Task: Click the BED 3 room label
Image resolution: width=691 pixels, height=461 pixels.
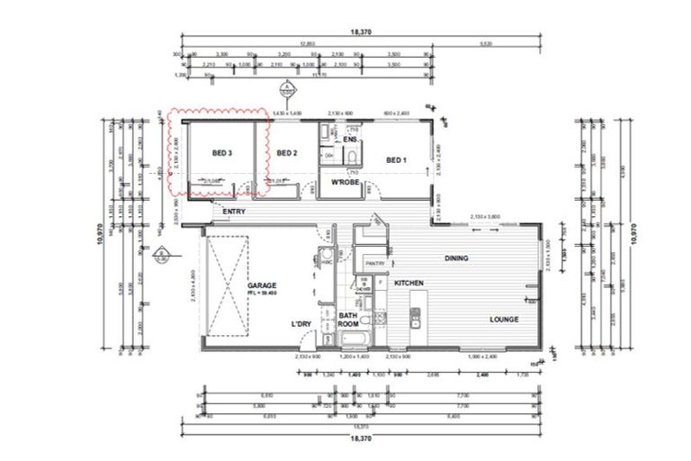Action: point(221,154)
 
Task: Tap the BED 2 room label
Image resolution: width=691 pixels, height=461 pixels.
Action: point(286,154)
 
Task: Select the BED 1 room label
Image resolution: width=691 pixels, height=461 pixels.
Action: point(396,160)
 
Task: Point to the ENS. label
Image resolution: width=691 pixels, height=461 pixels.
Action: point(351,140)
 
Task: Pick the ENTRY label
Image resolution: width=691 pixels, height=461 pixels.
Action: point(234,212)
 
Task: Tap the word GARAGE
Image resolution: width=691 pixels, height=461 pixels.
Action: point(262,285)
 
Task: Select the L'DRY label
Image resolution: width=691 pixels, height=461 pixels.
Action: point(301,323)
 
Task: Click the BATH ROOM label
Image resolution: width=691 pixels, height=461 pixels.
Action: point(349,321)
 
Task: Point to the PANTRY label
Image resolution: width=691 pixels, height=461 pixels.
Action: point(375,263)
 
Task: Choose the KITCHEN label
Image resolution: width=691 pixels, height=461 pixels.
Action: point(408,284)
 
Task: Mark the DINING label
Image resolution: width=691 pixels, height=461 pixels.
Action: point(456,258)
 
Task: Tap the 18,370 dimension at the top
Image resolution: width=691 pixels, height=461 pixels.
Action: point(361,32)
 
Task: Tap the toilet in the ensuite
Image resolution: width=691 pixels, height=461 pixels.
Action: point(353,160)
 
